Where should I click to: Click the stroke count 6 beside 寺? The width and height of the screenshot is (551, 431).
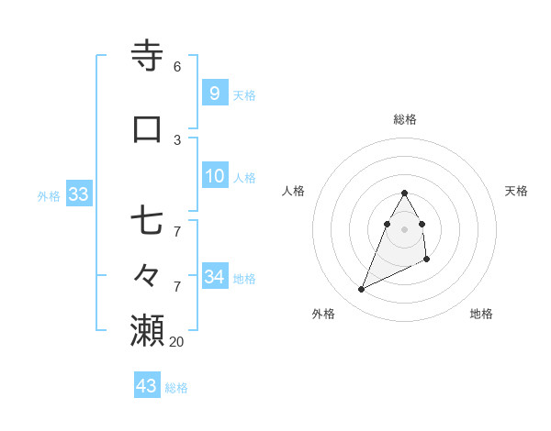click(x=177, y=67)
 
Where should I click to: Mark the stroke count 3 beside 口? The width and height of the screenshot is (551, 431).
click(x=177, y=140)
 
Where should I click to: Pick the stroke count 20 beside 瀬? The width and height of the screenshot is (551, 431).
click(x=177, y=341)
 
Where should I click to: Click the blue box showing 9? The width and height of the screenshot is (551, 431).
click(x=214, y=94)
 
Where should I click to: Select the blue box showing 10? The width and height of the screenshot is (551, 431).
click(x=215, y=176)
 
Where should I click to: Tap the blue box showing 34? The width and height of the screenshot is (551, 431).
click(x=215, y=277)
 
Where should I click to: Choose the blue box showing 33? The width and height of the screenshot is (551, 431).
click(x=78, y=194)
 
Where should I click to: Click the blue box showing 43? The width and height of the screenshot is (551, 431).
click(x=147, y=386)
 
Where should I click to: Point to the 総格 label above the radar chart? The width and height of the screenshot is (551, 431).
click(x=405, y=119)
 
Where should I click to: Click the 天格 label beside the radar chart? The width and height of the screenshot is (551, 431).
click(x=516, y=191)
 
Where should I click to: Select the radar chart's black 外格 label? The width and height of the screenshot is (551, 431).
click(x=323, y=314)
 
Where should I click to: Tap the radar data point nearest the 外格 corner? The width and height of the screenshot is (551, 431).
click(x=362, y=290)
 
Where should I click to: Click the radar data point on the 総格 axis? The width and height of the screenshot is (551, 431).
click(x=405, y=193)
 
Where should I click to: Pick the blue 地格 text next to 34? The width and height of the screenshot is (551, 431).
click(x=244, y=279)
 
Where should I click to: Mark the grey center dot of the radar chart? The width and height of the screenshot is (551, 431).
click(x=405, y=228)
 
